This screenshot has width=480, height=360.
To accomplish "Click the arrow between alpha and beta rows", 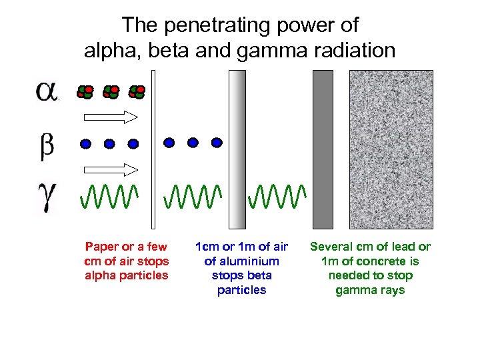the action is point(111,117).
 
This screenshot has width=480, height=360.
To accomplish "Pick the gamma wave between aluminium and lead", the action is point(277,195).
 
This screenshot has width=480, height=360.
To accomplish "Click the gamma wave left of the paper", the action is point(111,195).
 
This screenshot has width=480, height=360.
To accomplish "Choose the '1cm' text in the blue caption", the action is point(205,247).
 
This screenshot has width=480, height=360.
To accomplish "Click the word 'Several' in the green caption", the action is point(331,247).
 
